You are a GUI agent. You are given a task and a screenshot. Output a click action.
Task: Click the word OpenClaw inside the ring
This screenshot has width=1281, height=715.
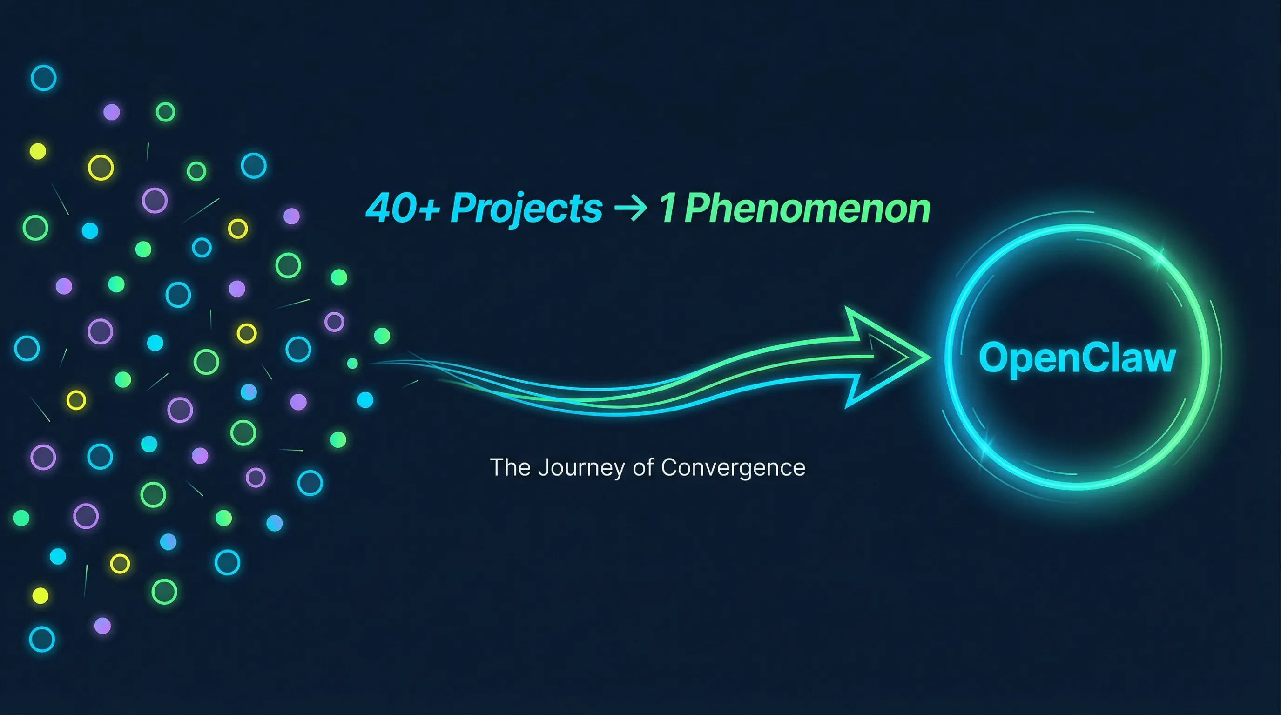click(x=1077, y=357)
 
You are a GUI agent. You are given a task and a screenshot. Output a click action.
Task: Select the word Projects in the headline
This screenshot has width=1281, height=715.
click(x=526, y=209)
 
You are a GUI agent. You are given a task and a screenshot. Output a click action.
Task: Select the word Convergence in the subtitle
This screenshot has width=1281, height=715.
click(x=733, y=468)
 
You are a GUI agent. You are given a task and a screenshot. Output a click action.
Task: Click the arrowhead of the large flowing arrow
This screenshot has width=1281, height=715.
click(x=885, y=357)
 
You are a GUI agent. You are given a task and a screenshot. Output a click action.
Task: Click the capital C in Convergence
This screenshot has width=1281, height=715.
click(x=671, y=468)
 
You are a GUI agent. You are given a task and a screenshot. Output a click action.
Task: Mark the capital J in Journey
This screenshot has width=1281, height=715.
click(x=544, y=468)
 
